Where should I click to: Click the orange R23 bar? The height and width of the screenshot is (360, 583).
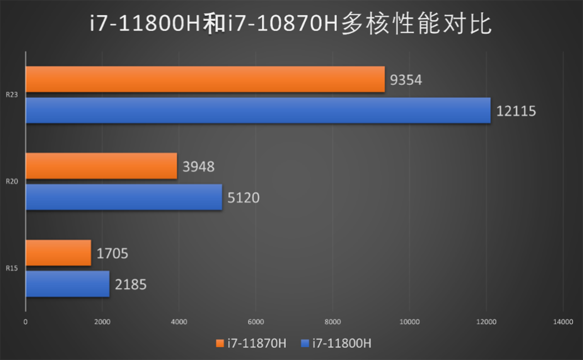(205, 79)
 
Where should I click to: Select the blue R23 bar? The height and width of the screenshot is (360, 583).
(258, 110)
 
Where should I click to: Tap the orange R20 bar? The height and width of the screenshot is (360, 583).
(101, 166)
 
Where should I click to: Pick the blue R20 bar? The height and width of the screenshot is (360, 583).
(124, 197)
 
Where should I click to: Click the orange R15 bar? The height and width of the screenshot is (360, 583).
(58, 252)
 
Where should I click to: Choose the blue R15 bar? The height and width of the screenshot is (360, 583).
(67, 284)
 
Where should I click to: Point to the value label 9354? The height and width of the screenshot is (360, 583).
(406, 80)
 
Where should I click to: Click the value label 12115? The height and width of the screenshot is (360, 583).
(516, 111)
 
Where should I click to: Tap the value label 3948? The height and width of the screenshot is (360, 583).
(198, 167)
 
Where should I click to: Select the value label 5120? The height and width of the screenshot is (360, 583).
(243, 198)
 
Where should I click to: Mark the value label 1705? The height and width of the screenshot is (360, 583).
(112, 253)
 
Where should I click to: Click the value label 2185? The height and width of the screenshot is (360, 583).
(130, 285)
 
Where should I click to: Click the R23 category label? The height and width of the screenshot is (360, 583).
(12, 95)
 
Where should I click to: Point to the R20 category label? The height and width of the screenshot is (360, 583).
(12, 181)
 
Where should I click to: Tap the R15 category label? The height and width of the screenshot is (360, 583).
(12, 268)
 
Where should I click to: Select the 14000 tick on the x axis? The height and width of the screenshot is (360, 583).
(563, 322)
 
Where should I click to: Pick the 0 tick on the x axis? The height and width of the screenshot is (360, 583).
(26, 322)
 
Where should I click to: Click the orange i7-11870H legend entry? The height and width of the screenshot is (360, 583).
(251, 343)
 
